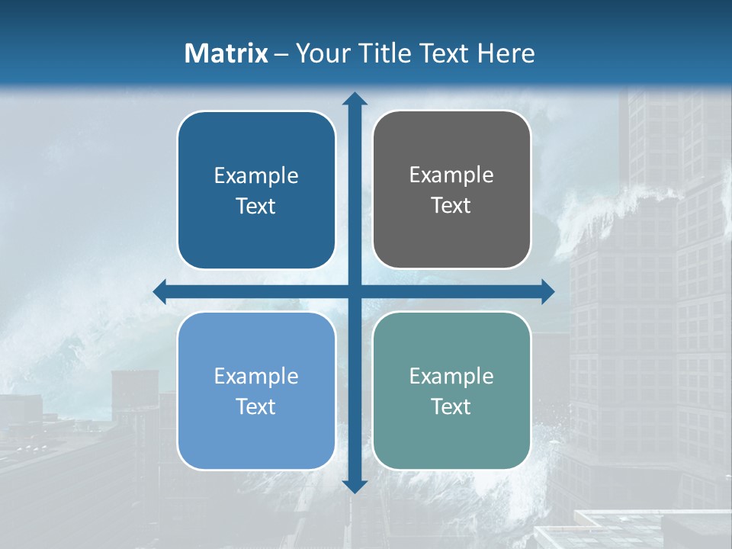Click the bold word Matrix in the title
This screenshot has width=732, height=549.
226,53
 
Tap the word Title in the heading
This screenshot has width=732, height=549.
384,53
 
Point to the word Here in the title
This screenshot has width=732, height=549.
506,53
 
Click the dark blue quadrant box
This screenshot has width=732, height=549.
256,190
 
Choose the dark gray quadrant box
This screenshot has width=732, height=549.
451,190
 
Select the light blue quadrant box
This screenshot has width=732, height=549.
256,390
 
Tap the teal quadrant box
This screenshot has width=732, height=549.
451,390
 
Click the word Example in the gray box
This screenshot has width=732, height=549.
451,175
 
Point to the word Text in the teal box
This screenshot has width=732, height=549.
451,406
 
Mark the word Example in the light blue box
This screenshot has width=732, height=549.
256,376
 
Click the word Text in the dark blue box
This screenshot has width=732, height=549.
256,206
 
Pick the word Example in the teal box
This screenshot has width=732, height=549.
451,376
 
